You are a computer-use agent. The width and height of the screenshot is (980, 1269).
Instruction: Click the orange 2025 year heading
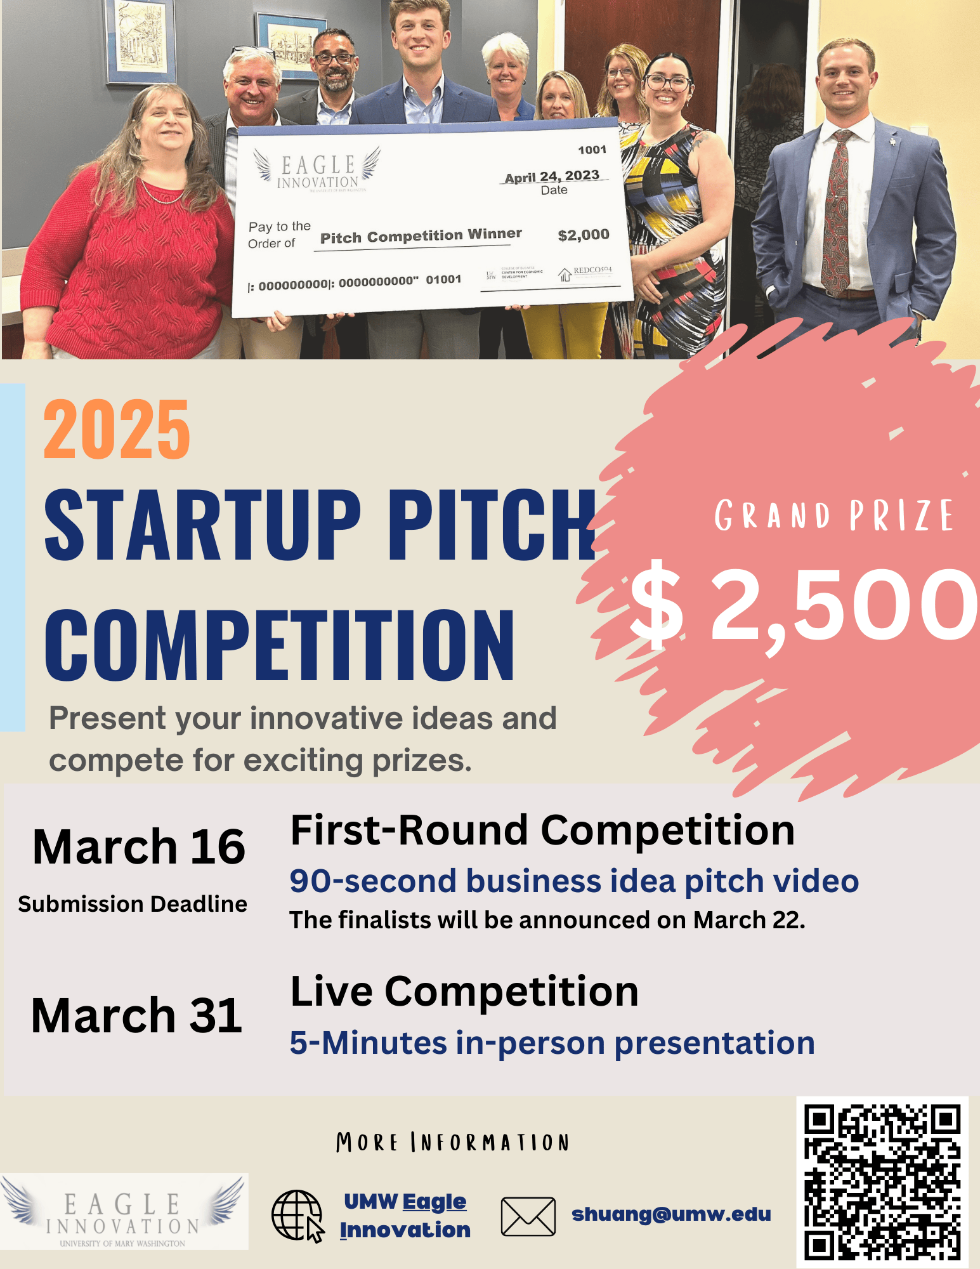coord(117,430)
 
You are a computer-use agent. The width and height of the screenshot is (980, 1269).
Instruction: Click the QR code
coord(882,1181)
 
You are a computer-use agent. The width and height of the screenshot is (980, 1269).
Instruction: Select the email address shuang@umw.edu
coord(671,1214)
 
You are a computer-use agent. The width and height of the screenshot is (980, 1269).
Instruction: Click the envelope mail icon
coord(528,1216)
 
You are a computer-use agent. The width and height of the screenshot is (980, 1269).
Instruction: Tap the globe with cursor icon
coord(297,1215)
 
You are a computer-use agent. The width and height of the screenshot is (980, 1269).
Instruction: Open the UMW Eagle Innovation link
coord(405,1216)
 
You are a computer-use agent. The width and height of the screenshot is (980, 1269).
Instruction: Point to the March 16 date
coord(139,847)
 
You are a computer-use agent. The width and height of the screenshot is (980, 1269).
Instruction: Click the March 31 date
coord(137,1016)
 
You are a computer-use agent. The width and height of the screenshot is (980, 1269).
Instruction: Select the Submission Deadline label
coord(133,904)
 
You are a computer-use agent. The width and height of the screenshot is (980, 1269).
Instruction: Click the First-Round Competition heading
coord(542,831)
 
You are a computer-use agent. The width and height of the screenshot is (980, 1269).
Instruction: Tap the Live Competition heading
coord(464,992)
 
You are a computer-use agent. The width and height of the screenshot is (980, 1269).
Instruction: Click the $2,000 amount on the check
coord(583,235)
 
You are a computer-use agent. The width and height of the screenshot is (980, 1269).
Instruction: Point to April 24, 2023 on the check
coord(552,176)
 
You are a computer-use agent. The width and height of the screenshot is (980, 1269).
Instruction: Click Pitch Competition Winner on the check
coord(421,237)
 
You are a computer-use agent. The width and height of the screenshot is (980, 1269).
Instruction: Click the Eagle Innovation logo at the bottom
coord(124,1213)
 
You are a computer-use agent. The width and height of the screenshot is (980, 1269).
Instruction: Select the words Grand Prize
coord(833,515)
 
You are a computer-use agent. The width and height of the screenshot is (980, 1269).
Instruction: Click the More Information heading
coord(452,1143)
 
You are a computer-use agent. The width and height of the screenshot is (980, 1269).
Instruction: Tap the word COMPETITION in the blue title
coord(280,645)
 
